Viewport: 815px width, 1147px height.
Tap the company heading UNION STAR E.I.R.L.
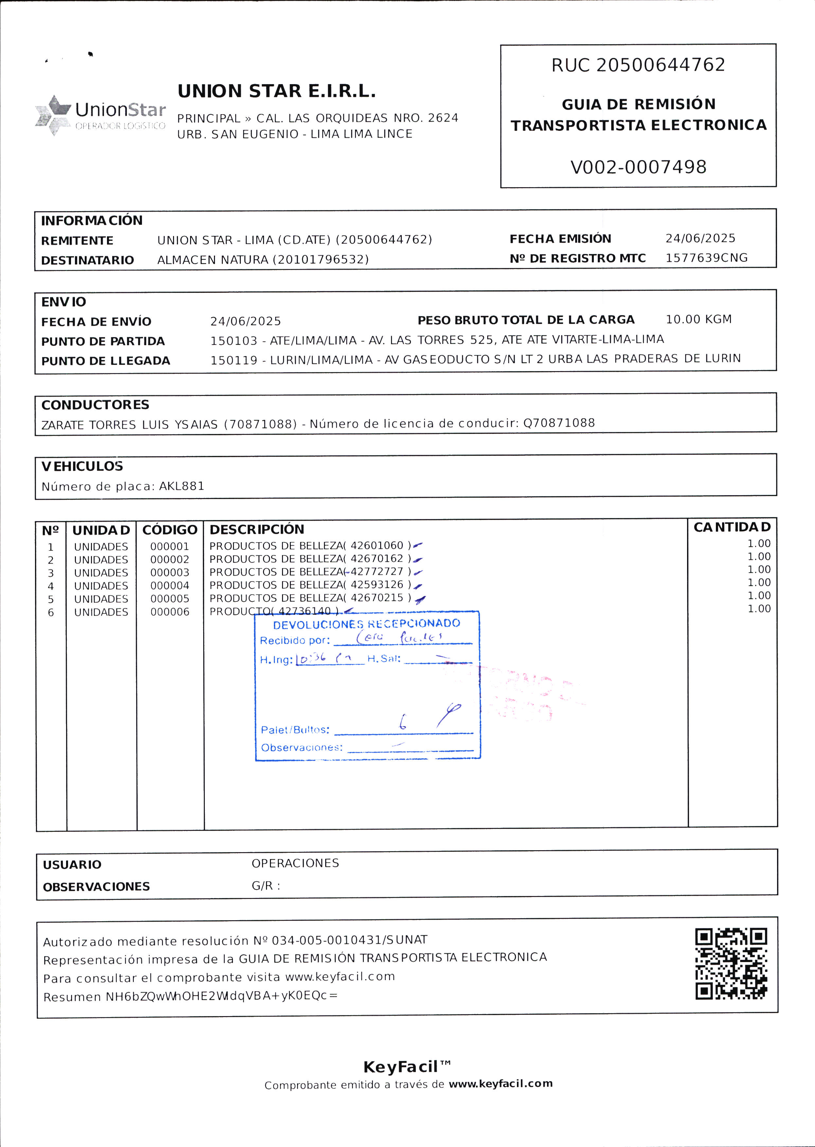pos(276,91)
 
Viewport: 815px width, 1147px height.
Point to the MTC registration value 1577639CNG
pos(706,258)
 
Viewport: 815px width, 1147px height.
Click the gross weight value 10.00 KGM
pos(699,319)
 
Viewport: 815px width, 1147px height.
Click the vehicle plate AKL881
pos(182,486)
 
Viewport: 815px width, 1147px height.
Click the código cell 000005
pos(169,599)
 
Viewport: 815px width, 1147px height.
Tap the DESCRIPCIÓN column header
pos(257,529)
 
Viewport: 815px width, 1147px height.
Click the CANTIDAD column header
pos(732,527)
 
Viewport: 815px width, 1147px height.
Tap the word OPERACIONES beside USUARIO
pos(295,863)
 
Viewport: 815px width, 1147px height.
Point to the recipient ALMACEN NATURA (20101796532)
pos(263,260)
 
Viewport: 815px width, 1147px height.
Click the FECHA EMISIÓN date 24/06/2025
pos(700,239)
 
